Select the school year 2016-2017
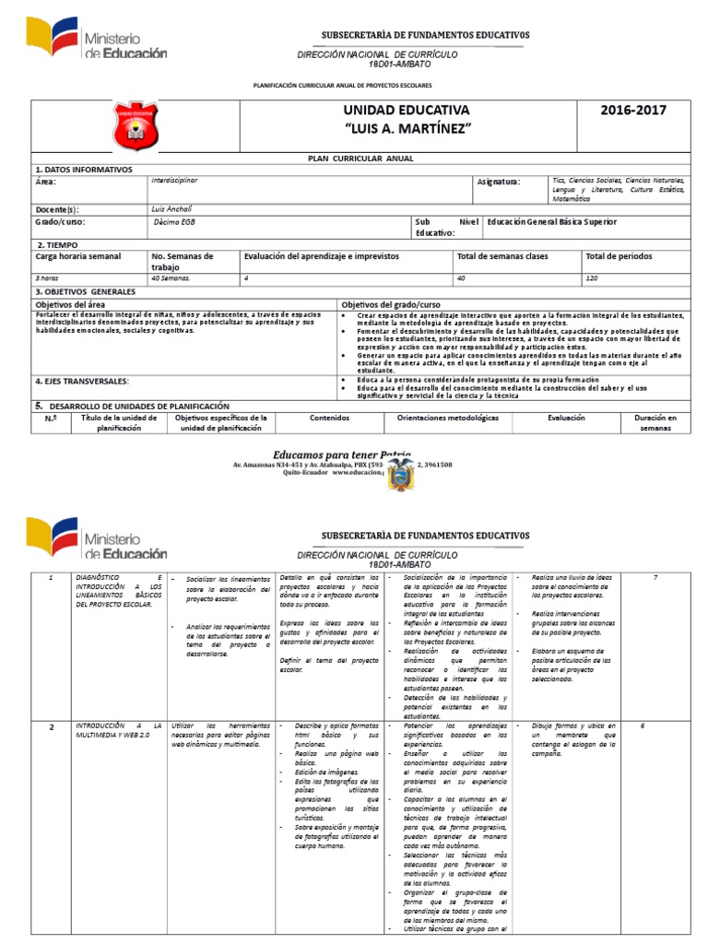tap(633, 110)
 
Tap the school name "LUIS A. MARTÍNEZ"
tap(407, 126)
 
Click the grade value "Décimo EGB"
tap(175, 222)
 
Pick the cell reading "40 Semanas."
tap(171, 277)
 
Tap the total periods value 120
tap(593, 277)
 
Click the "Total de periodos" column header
tap(619, 255)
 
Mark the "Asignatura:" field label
tap(499, 182)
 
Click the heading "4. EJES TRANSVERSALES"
tap(82, 380)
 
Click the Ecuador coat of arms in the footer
tap(401, 476)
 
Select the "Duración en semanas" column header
tap(655, 423)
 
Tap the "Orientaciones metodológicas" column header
tap(447, 418)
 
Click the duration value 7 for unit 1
tap(655, 577)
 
